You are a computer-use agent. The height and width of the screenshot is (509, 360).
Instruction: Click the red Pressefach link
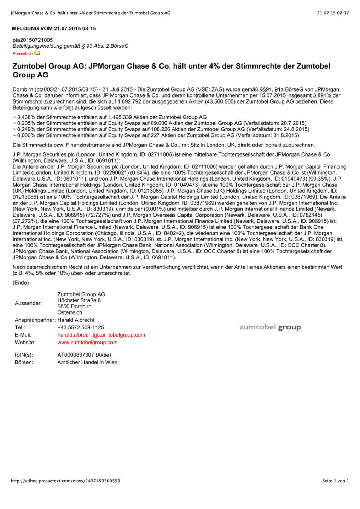(x=23, y=54)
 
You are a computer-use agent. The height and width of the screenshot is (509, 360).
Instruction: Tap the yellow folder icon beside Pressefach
(x=37, y=53)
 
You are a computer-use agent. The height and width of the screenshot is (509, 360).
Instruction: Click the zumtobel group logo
(x=270, y=327)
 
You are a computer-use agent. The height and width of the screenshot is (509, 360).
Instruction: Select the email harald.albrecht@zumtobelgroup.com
(x=101, y=335)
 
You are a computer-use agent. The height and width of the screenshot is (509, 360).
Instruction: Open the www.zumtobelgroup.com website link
(x=87, y=343)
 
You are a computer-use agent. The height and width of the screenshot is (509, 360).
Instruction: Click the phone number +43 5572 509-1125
(x=81, y=328)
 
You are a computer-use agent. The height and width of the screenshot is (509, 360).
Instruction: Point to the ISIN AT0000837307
(x=76, y=355)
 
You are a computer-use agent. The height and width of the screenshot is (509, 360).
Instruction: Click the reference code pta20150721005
(x=33, y=40)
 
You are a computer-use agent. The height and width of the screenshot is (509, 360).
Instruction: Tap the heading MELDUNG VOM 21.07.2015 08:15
(x=54, y=29)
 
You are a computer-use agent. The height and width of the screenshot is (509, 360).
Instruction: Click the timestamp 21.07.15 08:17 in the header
(x=333, y=13)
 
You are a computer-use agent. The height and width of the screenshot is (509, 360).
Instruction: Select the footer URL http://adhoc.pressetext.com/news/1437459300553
(x=65, y=481)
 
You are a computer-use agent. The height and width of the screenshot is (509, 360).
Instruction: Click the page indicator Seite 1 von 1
(x=335, y=481)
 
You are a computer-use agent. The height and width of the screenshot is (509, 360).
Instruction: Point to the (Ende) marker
(x=21, y=283)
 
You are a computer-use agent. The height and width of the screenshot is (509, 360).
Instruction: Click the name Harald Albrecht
(x=76, y=320)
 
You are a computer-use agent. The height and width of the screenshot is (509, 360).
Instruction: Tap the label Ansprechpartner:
(x=35, y=320)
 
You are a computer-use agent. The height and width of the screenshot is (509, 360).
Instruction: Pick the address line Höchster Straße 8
(x=79, y=300)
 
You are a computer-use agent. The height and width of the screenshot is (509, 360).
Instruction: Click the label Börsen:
(x=24, y=362)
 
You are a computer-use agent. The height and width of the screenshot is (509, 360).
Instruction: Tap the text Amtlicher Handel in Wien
(x=87, y=362)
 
